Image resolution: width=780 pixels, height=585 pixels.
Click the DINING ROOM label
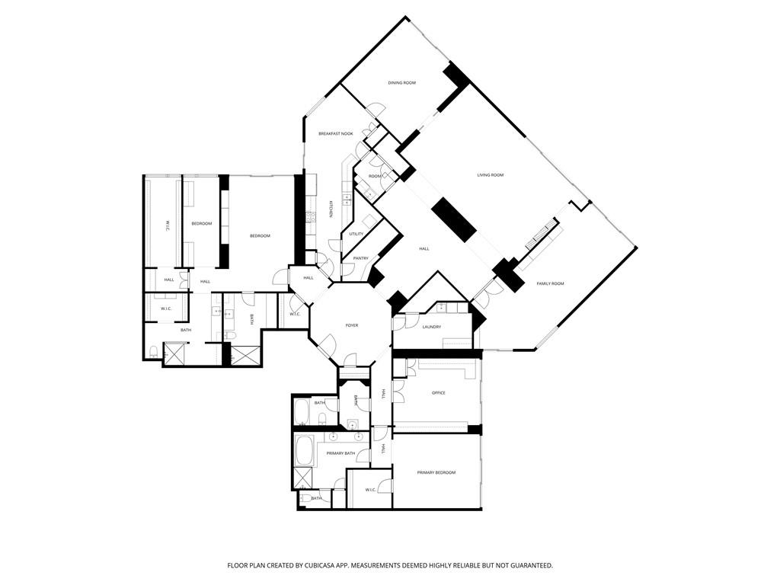pyautogui.click(x=401, y=82)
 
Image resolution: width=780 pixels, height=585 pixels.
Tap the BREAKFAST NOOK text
pyautogui.click(x=335, y=133)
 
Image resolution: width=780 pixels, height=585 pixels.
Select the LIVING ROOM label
pyautogui.click(x=491, y=175)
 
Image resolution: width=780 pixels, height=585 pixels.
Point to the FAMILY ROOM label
pyautogui.click(x=550, y=283)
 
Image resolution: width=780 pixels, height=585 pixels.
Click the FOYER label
pyautogui.click(x=351, y=325)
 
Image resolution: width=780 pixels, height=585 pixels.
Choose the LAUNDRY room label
pyautogui.click(x=432, y=327)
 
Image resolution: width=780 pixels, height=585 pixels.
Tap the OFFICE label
pyautogui.click(x=438, y=393)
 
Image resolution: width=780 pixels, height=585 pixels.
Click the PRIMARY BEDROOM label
pyautogui.click(x=436, y=472)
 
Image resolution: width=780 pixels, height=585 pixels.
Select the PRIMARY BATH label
pyautogui.click(x=340, y=453)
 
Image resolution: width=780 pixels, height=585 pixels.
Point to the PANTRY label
pyautogui.click(x=360, y=258)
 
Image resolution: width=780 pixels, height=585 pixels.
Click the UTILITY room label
pyautogui.click(x=356, y=234)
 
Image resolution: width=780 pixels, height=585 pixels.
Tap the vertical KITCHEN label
pyautogui.click(x=331, y=209)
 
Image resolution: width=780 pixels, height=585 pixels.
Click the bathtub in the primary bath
pyautogui.click(x=305, y=450)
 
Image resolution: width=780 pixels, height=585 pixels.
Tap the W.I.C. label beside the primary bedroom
pyautogui.click(x=371, y=490)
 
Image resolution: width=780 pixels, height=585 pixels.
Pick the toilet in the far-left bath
pyautogui.click(x=154, y=352)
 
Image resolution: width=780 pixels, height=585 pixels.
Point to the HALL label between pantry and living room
pyautogui.click(x=424, y=248)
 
